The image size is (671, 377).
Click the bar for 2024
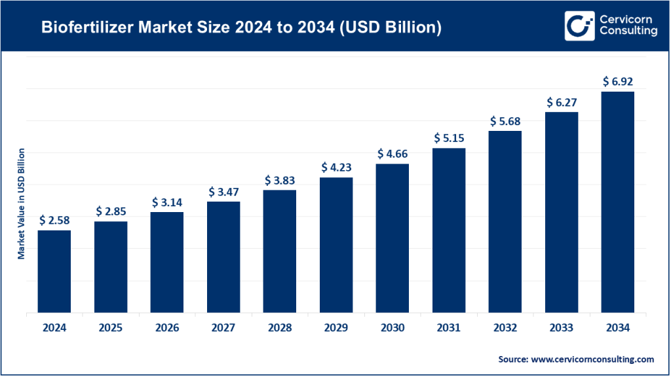pos(54,271)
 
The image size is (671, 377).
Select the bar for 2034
pos(617,202)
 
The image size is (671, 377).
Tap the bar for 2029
pos(336,245)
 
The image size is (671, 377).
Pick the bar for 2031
pos(449,230)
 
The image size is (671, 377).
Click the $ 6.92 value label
pos(617,82)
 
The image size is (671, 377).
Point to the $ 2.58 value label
pos(54,221)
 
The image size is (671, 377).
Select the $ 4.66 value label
pos(393,154)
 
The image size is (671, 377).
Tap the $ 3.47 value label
pos(223,192)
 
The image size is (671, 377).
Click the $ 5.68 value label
pos(505,121)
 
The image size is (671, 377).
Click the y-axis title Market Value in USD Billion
pos(21,204)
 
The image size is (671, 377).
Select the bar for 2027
pos(223,257)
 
